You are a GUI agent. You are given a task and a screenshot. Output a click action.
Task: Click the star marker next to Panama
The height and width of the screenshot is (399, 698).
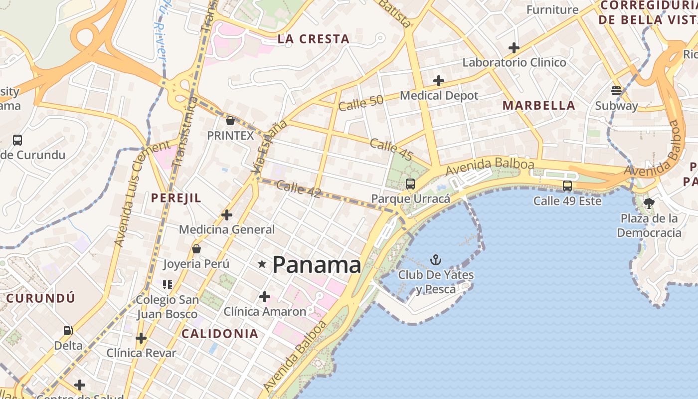point(262,264)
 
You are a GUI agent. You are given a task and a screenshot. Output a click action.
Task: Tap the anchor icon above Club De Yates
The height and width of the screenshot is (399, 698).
point(436,260)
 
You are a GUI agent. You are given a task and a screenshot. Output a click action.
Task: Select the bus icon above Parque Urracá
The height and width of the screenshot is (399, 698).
point(410,184)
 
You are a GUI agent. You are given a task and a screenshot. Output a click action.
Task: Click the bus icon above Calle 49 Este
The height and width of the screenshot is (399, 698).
point(567,186)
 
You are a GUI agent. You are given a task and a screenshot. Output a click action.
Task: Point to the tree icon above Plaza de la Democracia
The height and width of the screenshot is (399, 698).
point(649,203)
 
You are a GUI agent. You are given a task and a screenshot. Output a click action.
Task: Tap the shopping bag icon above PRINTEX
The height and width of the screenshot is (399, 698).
point(230,120)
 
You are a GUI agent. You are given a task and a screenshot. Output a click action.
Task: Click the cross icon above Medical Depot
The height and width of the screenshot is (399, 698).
point(439,80)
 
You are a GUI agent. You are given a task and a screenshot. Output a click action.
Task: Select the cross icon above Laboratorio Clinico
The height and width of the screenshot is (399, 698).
point(514,48)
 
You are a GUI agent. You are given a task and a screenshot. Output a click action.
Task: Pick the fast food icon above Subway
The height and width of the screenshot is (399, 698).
point(617,90)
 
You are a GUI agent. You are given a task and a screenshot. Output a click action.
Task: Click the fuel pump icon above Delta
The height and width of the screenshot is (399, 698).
point(68,330)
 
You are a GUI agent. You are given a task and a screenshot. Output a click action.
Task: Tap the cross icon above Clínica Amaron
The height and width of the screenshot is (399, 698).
point(265,297)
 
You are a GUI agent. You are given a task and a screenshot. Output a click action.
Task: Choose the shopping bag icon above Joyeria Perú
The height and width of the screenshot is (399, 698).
point(196,248)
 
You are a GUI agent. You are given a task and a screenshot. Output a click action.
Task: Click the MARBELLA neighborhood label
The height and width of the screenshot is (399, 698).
point(538,105)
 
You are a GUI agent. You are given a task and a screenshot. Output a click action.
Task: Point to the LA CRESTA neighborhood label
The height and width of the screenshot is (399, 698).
point(314,39)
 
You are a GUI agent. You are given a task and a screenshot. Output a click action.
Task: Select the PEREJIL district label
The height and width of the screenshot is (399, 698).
point(176,198)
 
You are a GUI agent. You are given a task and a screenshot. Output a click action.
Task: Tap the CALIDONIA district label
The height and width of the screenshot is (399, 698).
point(220,334)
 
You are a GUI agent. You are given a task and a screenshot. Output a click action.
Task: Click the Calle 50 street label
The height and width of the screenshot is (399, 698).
point(360,103)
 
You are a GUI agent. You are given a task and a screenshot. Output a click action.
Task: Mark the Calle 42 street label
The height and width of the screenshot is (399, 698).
point(298,189)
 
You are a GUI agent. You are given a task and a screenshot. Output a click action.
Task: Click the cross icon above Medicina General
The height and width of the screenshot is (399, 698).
point(227,215)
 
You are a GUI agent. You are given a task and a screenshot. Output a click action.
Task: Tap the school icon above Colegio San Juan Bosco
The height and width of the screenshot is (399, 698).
point(168,285)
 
